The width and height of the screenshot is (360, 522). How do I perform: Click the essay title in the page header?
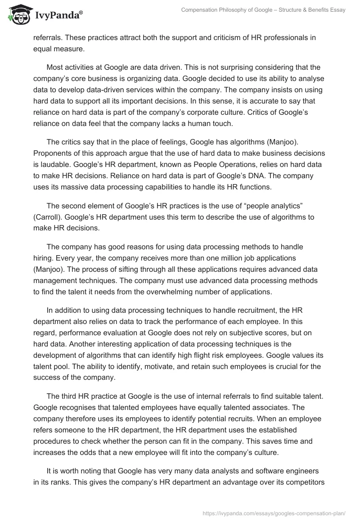pos(263,10)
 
